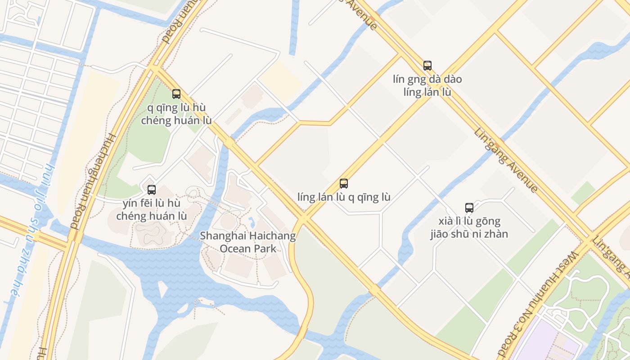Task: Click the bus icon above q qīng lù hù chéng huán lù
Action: click(x=176, y=94)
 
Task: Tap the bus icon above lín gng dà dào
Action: click(x=427, y=66)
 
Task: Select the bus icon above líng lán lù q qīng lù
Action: click(x=344, y=184)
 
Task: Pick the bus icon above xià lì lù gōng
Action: click(x=469, y=208)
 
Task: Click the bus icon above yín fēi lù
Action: click(x=152, y=190)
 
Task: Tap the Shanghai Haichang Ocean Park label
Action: click(x=248, y=242)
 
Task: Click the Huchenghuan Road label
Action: click(x=93, y=180)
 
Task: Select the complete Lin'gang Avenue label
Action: click(x=505, y=160)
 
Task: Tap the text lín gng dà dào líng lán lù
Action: click(x=427, y=86)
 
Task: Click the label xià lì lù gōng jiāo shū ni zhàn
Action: click(x=469, y=228)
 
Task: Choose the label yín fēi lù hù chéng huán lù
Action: click(x=152, y=210)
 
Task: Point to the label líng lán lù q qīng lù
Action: click(x=344, y=197)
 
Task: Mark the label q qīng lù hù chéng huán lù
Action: click(x=176, y=114)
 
